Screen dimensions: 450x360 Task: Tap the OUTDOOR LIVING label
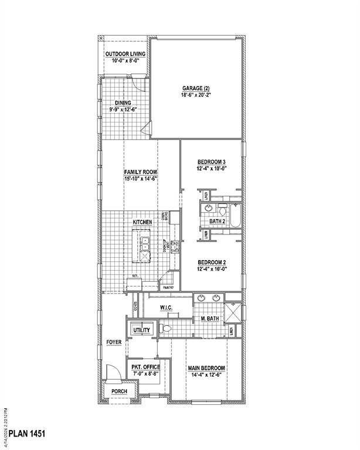(x=125, y=54)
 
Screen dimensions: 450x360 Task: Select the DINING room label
(x=123, y=103)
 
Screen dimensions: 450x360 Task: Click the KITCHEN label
(x=142, y=223)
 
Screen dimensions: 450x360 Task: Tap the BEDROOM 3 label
(x=211, y=162)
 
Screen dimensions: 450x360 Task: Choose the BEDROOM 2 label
(x=211, y=262)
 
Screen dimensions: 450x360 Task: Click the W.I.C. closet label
(x=168, y=308)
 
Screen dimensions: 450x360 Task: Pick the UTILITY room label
(x=141, y=330)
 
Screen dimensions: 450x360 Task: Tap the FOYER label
(x=113, y=342)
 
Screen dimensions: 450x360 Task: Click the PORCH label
(x=120, y=390)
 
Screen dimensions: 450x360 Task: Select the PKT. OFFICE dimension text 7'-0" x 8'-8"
(x=145, y=373)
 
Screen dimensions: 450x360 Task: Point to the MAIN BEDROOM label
(x=206, y=368)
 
